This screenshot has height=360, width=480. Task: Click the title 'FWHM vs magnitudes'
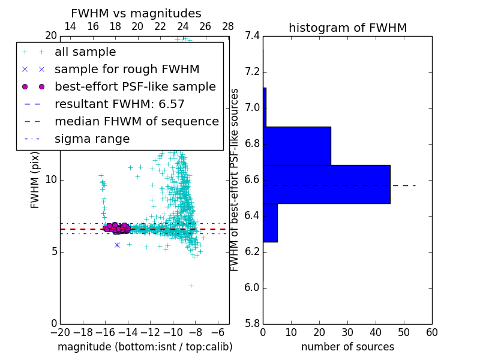136,13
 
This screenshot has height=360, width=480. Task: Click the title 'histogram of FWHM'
347,28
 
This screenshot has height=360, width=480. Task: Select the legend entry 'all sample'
85,52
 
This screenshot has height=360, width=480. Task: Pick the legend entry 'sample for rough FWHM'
127,70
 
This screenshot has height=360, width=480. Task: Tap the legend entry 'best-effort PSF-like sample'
135,87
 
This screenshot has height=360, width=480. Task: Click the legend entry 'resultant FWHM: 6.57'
119,104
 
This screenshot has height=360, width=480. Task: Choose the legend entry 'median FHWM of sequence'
136,122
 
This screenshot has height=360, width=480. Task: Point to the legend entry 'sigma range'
92,139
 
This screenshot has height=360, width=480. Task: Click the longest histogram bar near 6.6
326,184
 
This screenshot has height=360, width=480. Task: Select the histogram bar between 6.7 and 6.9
297,146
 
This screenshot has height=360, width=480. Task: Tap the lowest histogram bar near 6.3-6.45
270,223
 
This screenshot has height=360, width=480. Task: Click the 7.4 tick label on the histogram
252,36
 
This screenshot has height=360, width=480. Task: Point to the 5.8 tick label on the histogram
252,323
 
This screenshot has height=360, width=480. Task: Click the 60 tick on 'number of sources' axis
431,332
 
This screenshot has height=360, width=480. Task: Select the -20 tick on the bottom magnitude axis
60,332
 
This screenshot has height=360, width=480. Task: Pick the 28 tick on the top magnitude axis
228,26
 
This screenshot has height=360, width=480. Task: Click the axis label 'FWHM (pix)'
35,180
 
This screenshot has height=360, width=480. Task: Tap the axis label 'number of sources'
347,347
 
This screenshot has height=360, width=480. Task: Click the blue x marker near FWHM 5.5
117,245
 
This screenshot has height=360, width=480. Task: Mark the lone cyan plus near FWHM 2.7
191,286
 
